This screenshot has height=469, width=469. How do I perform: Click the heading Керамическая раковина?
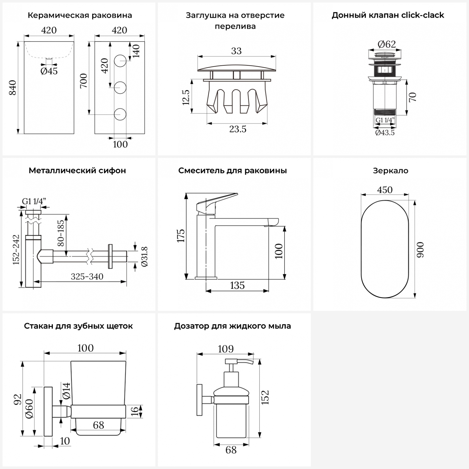80,15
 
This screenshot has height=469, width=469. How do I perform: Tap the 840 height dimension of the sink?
13,88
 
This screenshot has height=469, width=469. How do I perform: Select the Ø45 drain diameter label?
49,71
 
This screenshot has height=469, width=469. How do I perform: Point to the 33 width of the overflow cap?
236,51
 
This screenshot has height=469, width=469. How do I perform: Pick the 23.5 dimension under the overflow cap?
238,129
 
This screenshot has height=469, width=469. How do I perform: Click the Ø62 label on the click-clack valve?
387,44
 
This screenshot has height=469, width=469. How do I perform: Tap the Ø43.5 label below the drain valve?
385,133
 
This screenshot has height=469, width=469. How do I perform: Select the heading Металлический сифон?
77,171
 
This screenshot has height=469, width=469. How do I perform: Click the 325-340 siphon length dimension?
87,276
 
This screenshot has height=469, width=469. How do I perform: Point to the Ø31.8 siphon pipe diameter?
145,256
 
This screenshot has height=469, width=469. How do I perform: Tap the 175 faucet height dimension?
181,236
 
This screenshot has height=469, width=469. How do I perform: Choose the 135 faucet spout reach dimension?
237,285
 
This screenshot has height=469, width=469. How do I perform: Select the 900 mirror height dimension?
421,249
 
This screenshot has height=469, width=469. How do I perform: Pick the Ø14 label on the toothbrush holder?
66,391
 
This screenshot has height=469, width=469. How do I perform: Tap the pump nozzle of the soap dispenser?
246,362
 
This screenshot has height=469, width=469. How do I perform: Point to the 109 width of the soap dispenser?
225,349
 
